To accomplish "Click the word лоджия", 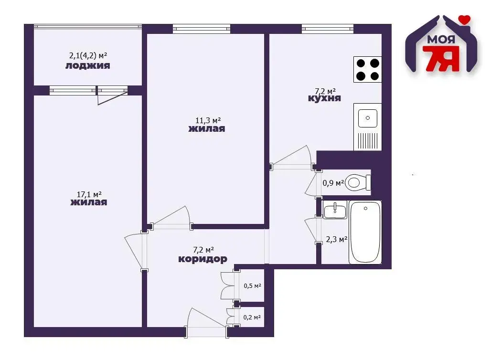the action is [x=87, y=65].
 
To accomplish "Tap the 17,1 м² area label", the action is [x=89, y=194].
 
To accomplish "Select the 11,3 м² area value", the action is [x=208, y=120].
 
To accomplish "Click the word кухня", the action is [x=324, y=98].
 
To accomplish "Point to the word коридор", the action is [x=203, y=259].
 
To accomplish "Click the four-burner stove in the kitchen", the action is [x=368, y=69].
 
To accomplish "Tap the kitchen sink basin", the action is [x=368, y=118].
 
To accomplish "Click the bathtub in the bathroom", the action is [x=365, y=232].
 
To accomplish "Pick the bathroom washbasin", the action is [x=335, y=210].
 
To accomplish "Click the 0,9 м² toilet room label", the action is [x=333, y=183].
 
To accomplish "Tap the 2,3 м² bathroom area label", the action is [x=337, y=239].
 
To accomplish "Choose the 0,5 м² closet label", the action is [x=253, y=286].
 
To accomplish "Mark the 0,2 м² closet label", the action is [x=252, y=317].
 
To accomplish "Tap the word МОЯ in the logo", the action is [x=441, y=40].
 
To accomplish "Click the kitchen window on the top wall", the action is [x=328, y=29].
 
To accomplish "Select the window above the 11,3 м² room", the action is [x=202, y=29].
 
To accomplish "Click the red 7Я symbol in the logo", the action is [x=441, y=58].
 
